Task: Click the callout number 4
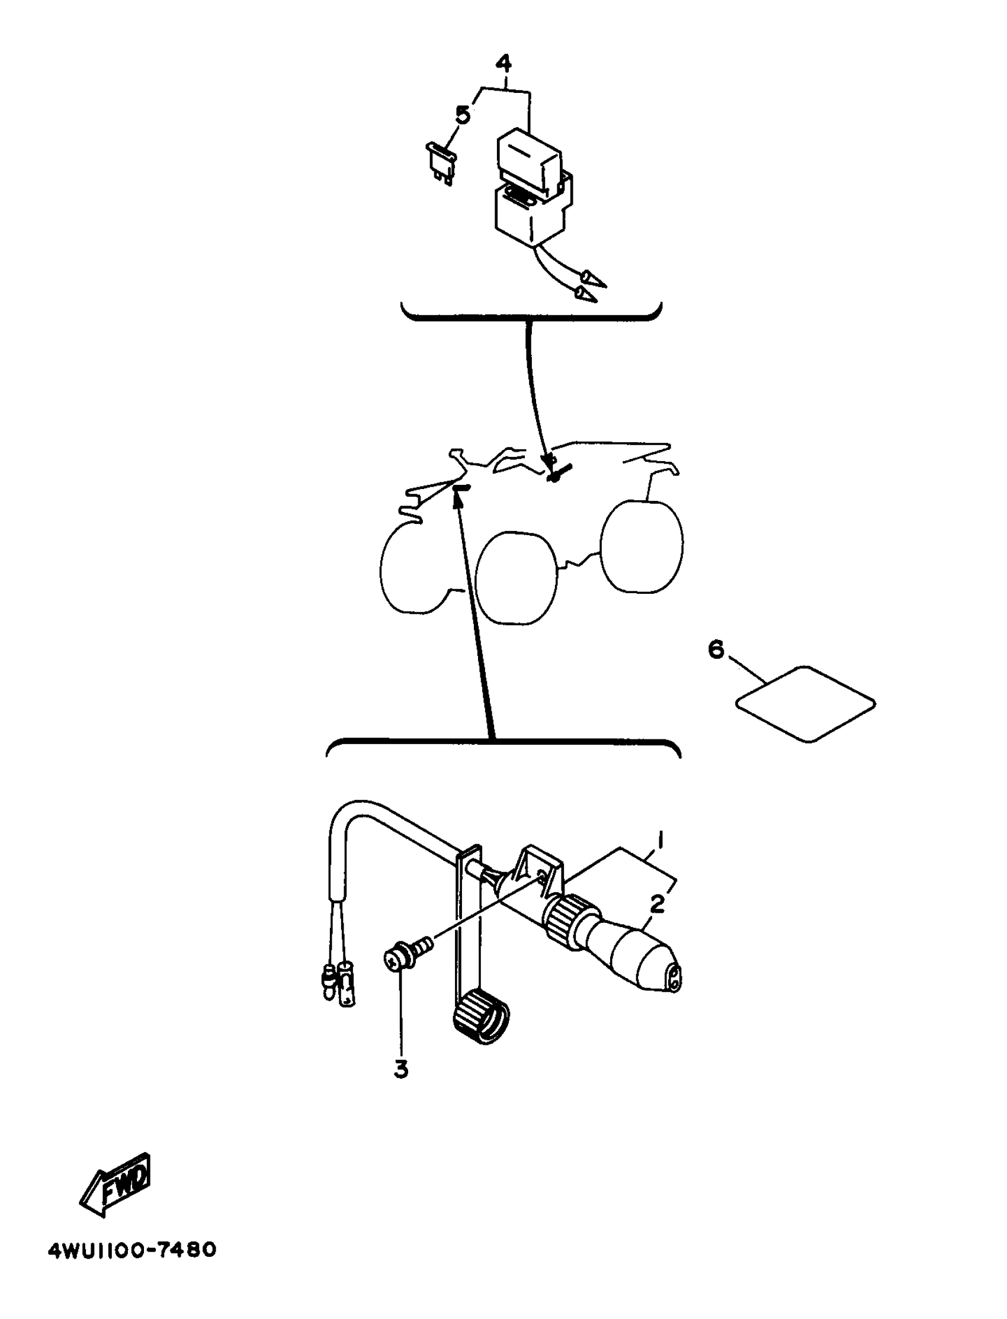[504, 63]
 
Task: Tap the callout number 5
[463, 114]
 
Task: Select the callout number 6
[716, 649]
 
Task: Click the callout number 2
[658, 904]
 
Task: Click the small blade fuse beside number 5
[441, 160]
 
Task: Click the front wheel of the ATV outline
[413, 569]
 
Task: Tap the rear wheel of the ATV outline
[642, 546]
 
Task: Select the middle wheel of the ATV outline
[517, 578]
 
